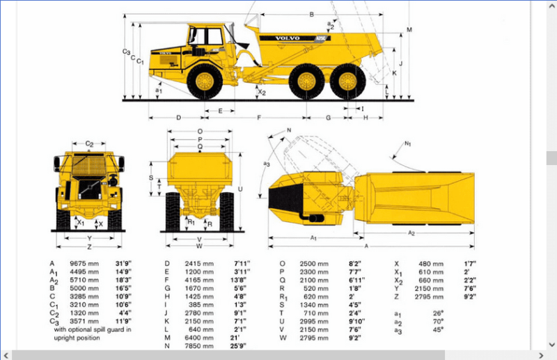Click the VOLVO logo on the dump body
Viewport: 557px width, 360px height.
[287, 38]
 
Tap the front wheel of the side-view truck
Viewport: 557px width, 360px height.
[206, 80]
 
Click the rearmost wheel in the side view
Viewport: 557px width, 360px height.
[345, 81]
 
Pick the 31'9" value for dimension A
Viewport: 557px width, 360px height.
[123, 264]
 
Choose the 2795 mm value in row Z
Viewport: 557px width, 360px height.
[431, 297]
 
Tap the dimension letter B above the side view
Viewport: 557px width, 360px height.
[312, 15]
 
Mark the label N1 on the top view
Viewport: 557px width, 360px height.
[408, 143]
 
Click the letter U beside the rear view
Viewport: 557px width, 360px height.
[240, 189]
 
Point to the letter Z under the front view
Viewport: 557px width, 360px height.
[90, 247]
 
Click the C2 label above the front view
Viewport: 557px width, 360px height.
[90, 143]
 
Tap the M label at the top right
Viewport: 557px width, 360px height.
[410, 29]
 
